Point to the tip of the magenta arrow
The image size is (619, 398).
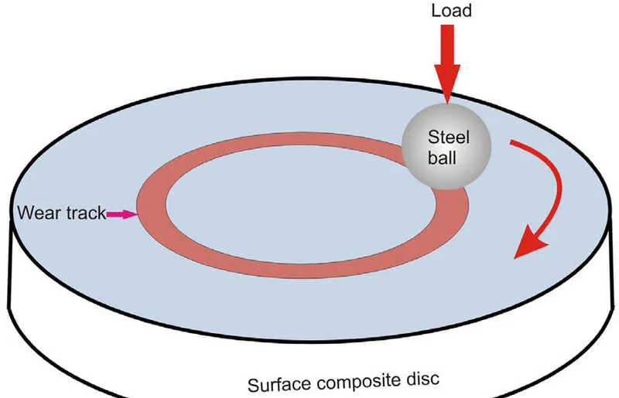(x=135, y=214)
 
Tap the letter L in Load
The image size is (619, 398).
(x=435, y=11)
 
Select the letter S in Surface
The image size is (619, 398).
(x=253, y=385)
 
